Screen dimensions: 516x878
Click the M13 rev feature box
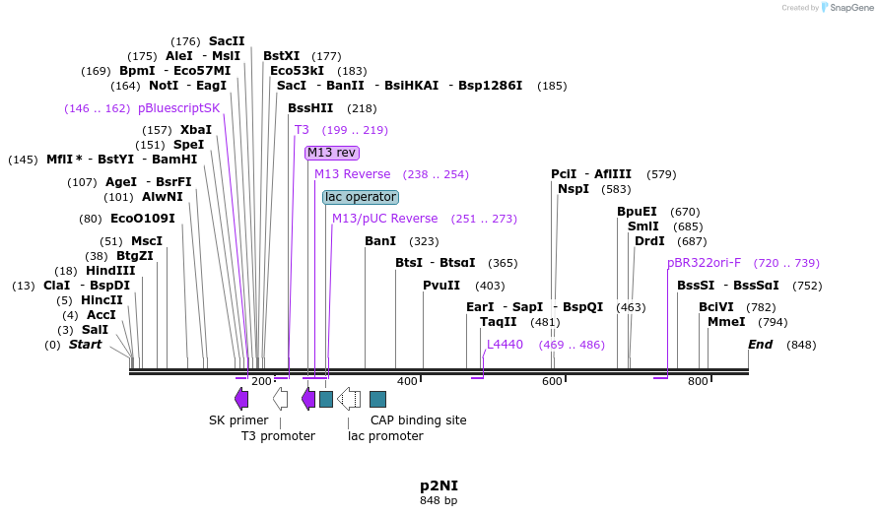tap(332, 153)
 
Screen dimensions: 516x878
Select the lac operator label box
tap(361, 197)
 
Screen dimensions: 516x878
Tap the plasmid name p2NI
tap(439, 485)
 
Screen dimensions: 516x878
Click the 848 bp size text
tap(439, 501)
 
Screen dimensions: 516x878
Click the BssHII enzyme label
tap(310, 108)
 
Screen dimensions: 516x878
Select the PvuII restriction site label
tap(441, 286)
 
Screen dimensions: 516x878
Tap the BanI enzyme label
tap(380, 241)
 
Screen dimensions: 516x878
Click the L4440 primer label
tap(505, 345)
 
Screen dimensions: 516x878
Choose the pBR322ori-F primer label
tap(704, 263)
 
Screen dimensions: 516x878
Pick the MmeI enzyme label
tap(726, 322)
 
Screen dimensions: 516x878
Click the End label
tap(760, 345)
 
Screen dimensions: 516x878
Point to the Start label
tap(85, 345)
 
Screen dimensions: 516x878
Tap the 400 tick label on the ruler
tap(407, 381)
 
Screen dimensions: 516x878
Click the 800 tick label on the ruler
tap(698, 381)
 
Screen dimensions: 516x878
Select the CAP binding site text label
tap(418, 420)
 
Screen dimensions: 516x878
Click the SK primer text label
tap(238, 420)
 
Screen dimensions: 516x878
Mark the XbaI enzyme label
tap(196, 130)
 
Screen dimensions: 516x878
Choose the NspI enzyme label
tap(574, 189)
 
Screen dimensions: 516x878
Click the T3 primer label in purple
tap(302, 130)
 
